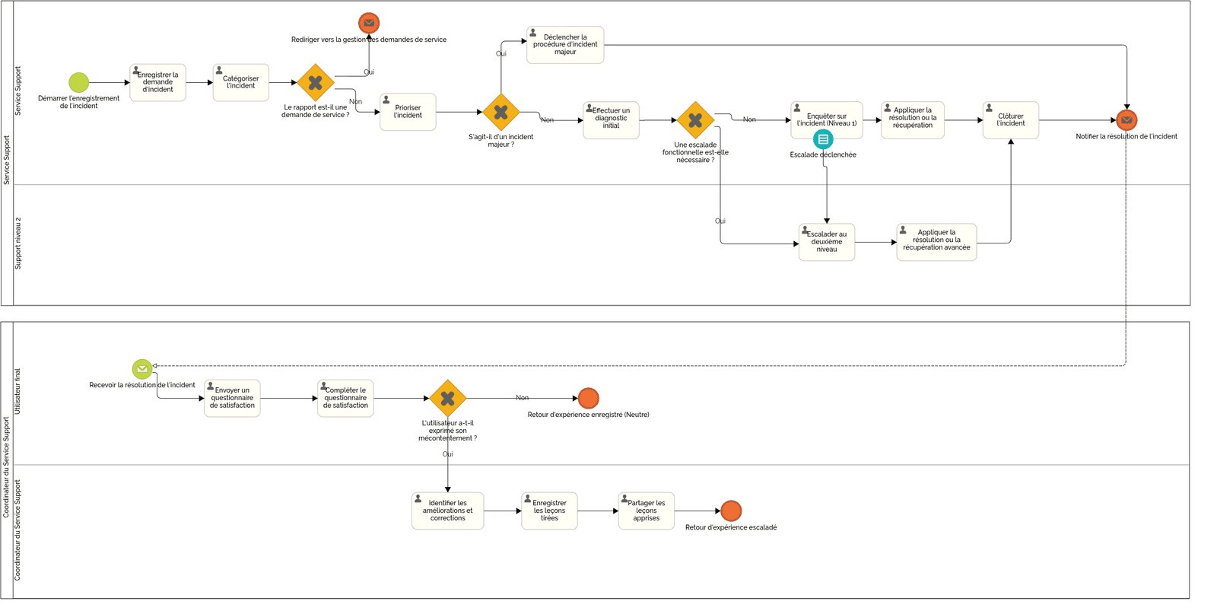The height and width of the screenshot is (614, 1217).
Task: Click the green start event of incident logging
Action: click(78, 82)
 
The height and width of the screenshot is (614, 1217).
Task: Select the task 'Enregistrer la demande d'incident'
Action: click(157, 82)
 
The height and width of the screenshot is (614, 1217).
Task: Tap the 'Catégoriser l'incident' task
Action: click(240, 82)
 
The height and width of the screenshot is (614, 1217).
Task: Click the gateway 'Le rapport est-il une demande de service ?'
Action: click(316, 83)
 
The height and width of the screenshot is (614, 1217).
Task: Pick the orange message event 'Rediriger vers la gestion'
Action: click(369, 23)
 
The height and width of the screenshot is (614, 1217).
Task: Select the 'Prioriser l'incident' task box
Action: click(408, 112)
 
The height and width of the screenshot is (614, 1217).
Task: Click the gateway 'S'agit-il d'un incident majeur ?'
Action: click(500, 113)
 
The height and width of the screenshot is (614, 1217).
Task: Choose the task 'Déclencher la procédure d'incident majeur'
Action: click(565, 45)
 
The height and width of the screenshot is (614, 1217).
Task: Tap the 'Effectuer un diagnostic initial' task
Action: click(611, 120)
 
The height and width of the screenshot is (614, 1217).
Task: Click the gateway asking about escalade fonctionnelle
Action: click(695, 120)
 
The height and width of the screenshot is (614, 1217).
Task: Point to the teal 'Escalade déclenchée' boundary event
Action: click(823, 139)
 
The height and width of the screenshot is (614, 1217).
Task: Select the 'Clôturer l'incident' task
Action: click(1010, 120)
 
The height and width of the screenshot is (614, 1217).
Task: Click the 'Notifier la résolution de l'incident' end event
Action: click(1126, 120)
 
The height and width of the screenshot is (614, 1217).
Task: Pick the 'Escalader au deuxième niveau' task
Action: click(826, 242)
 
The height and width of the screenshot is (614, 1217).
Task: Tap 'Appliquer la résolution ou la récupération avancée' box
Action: click(936, 242)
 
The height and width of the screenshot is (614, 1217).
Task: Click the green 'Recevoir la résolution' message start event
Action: click(142, 369)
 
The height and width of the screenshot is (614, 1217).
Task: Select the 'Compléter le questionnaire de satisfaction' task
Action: click(345, 398)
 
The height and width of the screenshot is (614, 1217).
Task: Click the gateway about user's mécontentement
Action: click(447, 398)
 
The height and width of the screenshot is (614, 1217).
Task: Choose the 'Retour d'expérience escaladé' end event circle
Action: click(731, 511)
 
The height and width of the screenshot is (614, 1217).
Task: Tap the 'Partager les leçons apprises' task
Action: click(646, 511)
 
